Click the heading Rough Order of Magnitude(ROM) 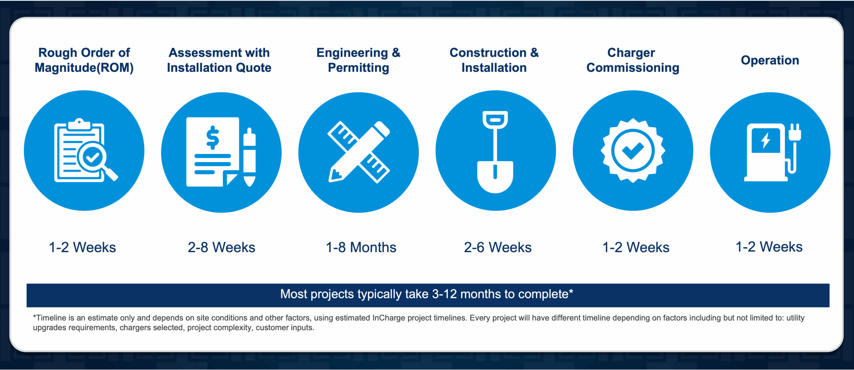tap(84, 60)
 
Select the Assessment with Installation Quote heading tap(219, 60)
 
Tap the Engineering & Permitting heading tap(359, 60)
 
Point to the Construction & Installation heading tap(494, 60)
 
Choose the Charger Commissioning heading tap(632, 60)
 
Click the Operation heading tap(770, 60)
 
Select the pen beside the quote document tap(250, 157)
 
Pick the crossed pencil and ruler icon tap(359, 152)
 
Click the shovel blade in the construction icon tap(495, 177)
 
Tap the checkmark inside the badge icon tap(633, 151)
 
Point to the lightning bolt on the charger tap(766, 140)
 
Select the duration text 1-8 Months tap(361, 248)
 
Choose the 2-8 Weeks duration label tap(222, 248)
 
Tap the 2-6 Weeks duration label tap(498, 248)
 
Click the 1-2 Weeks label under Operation tap(769, 247)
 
